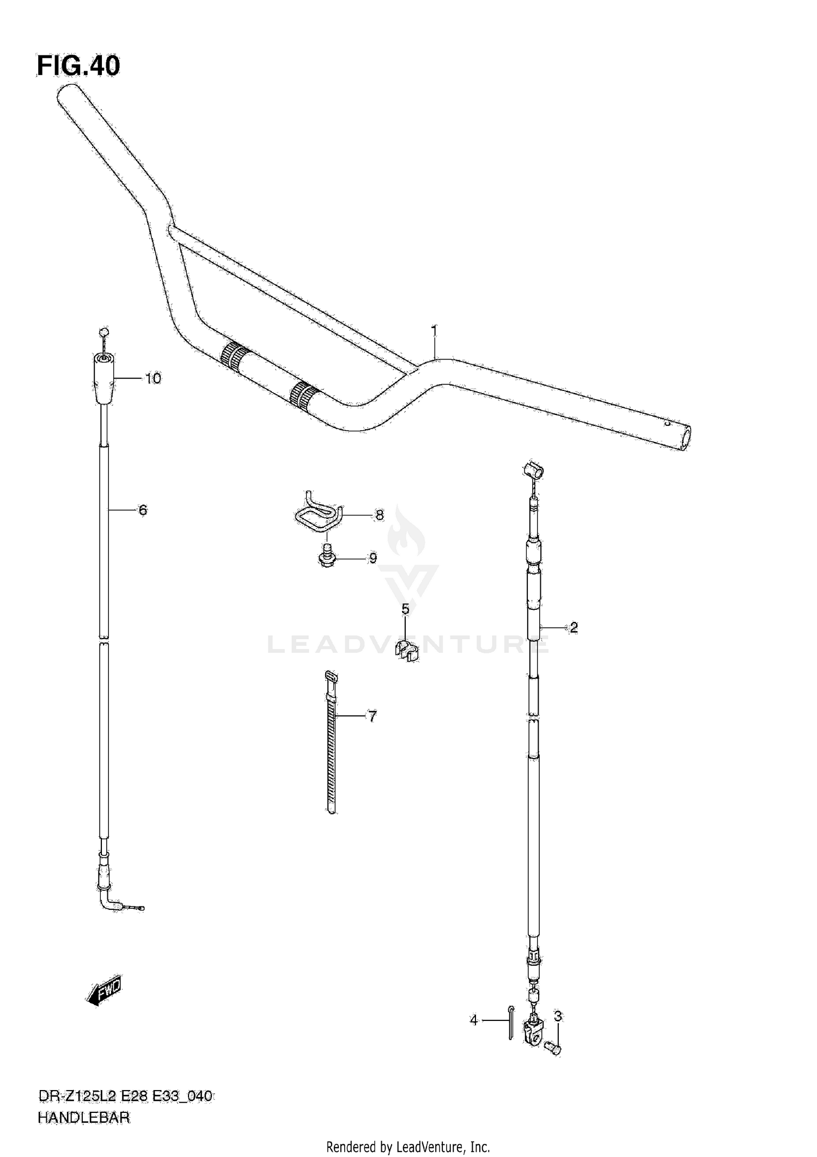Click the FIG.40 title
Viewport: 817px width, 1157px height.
[x=78, y=66]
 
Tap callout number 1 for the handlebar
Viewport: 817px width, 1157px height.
[x=434, y=330]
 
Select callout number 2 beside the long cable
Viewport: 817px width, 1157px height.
[x=573, y=628]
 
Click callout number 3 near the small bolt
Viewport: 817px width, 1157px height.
[x=558, y=1016]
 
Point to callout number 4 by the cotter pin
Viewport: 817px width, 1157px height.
[x=473, y=1020]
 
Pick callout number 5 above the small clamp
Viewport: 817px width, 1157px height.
[x=405, y=609]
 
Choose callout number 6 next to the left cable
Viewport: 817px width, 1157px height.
[x=142, y=510]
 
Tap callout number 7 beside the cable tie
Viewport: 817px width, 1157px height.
[x=372, y=717]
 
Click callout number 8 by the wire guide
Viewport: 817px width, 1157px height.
[x=379, y=515]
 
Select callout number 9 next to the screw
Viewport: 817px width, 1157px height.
[x=373, y=558]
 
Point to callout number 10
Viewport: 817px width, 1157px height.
[x=153, y=378]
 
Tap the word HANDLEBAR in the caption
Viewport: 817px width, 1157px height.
[x=84, y=1118]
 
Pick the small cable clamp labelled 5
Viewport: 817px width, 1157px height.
[x=406, y=651]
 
